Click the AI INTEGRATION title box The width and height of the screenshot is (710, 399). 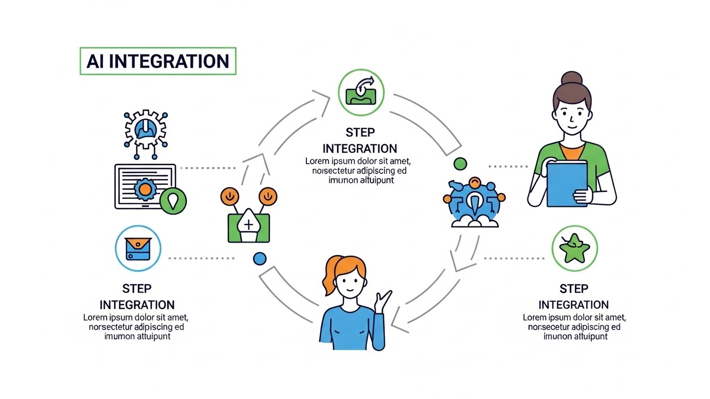coord(158,61)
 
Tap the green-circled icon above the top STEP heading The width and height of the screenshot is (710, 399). coord(360,92)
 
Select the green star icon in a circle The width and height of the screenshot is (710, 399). coord(574,248)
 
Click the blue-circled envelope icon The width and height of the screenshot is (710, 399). coord(138,248)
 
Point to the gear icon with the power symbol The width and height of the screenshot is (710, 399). coord(146,128)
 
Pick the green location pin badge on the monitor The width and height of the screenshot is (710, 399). coord(173,201)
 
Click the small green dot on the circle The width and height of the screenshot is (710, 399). coord(460,164)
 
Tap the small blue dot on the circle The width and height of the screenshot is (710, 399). coord(259,258)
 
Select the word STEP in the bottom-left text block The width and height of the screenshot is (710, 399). coord(137,288)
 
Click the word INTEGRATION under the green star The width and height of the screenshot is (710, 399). coord(574,305)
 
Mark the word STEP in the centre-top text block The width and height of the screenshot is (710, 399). coord(360,132)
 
